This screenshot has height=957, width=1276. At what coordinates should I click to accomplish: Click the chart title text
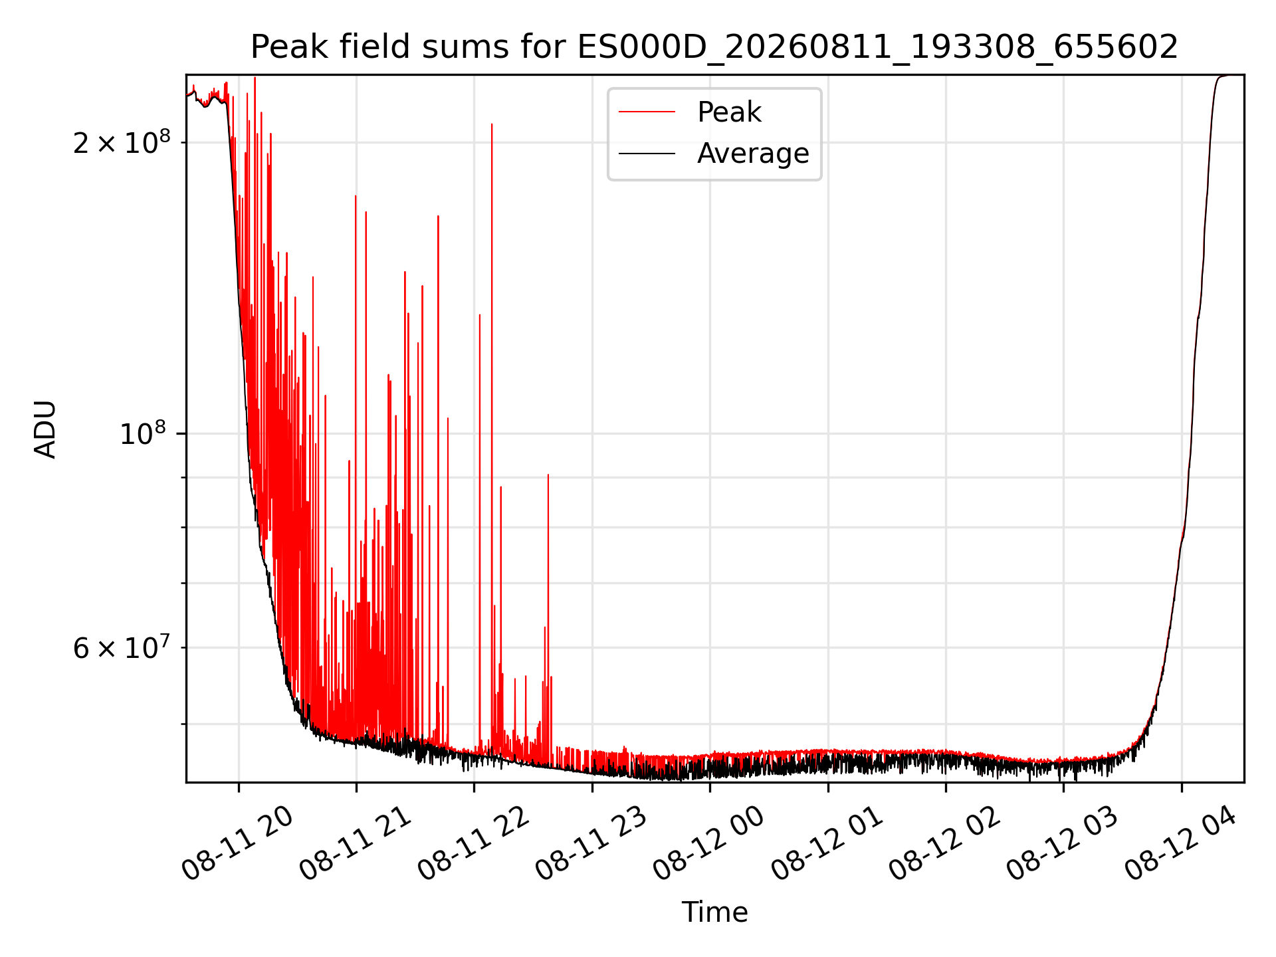[714, 47]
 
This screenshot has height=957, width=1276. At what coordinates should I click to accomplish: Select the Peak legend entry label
[729, 112]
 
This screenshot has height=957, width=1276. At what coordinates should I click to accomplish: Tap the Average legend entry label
[753, 154]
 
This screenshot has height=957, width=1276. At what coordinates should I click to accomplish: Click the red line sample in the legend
[647, 112]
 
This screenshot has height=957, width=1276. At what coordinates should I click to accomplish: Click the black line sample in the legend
[647, 154]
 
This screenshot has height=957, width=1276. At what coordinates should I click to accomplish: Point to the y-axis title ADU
[45, 429]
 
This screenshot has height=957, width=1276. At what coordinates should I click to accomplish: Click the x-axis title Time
[714, 912]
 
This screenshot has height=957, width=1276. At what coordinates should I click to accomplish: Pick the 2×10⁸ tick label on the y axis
[122, 142]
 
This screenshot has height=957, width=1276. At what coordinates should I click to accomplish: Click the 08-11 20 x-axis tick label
[237, 844]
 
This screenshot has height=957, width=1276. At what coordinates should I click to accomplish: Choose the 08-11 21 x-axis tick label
[355, 844]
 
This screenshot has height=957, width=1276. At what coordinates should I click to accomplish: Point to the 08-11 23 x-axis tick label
[591, 844]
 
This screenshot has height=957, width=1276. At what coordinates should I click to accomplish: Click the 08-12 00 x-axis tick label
[708, 844]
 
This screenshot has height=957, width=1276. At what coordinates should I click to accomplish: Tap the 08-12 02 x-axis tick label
[944, 844]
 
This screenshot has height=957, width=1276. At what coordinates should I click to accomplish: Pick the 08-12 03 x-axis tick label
[1062, 844]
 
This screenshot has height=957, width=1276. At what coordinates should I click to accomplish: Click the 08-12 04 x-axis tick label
[1180, 844]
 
